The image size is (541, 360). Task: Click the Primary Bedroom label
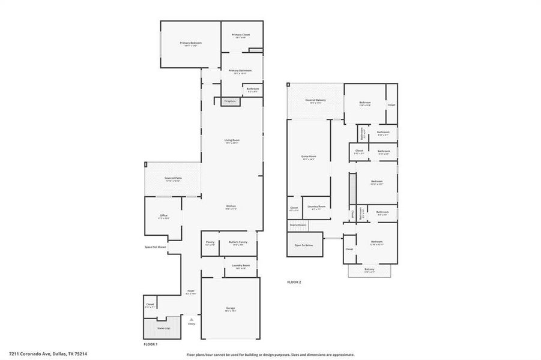pos(191,43)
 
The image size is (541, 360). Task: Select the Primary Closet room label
pos(241,35)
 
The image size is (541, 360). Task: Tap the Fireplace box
pos(231,101)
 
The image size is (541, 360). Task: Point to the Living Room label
pos(232,140)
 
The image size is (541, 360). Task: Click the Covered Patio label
pos(173,178)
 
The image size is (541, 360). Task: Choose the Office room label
pos(163,215)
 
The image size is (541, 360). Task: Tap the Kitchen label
pos(231,206)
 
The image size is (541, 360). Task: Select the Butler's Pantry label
pos(238,242)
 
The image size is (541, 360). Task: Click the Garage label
pos(231,308)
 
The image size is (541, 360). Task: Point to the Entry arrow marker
pos(192,319)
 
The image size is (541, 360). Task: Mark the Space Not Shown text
pos(155,247)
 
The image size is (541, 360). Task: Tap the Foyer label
pos(191,291)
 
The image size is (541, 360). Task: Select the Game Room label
pos(309,157)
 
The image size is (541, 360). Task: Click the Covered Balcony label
pos(315,100)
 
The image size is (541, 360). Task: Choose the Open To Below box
pos(304,245)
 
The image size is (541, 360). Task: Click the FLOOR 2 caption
pos(294,281)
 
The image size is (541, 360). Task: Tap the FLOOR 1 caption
pos(150,344)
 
